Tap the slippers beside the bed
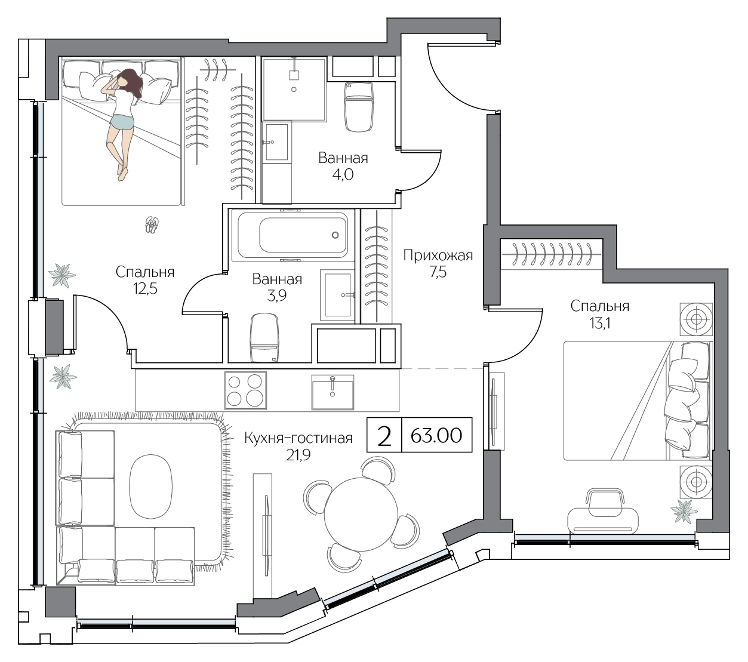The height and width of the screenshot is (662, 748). pos(152,224)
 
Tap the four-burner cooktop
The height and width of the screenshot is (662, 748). pos(245,390)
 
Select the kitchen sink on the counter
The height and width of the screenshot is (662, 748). pos(332,392)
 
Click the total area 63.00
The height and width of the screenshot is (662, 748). pos(436,435)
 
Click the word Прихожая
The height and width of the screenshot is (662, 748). pos(438,256)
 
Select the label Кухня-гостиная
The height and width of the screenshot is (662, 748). pos(298,438)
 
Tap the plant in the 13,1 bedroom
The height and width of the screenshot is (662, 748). pos(684,510)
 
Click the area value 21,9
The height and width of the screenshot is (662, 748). pos(298,455)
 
